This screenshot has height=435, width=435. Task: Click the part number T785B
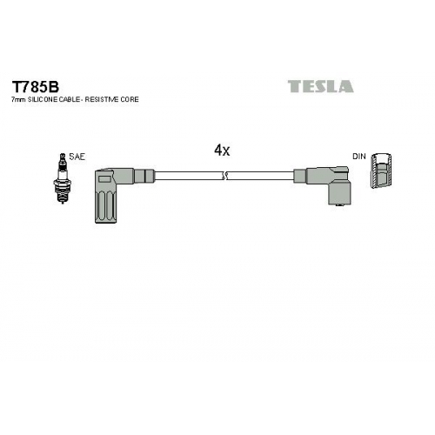click(35, 86)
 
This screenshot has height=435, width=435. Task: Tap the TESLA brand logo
click(320, 86)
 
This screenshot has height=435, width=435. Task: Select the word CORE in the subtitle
click(130, 99)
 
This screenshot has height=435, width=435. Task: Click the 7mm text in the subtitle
click(18, 99)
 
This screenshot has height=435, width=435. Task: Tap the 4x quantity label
click(222, 151)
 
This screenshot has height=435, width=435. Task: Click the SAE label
click(77, 157)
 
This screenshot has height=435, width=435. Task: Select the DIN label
click(359, 157)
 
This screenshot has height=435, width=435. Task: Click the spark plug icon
click(62, 178)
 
